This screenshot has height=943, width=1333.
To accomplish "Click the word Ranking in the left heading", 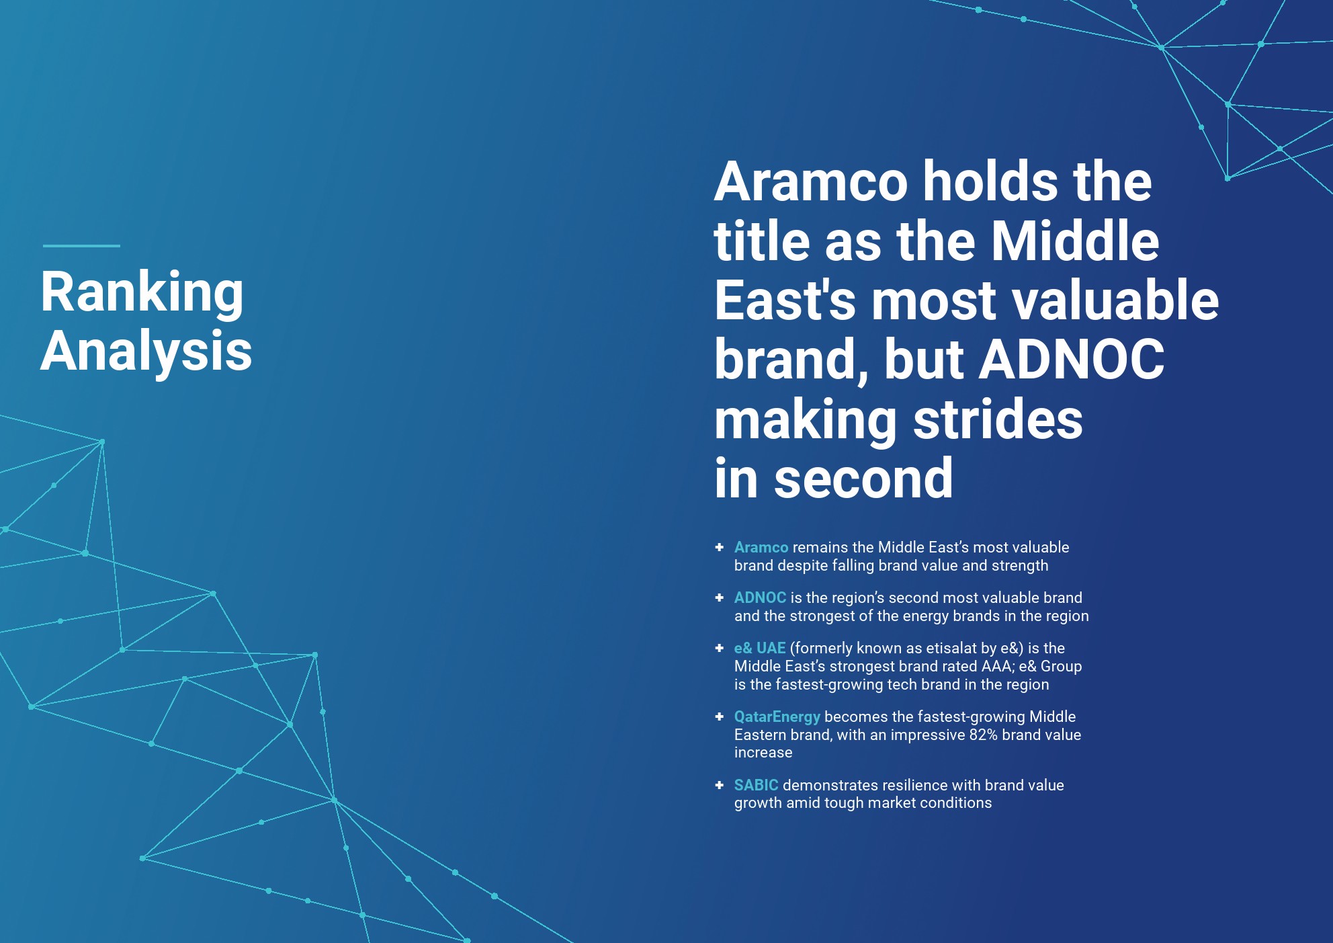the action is click(142, 293).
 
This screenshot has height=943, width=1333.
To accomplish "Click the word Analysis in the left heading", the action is click(146, 351).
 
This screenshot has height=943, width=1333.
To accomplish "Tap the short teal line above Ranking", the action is click(81, 246).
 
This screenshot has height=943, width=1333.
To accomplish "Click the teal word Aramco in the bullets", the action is click(761, 548).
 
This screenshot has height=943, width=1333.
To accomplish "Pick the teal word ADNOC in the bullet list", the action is click(760, 598).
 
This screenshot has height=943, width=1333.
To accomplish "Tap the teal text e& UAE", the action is click(760, 649).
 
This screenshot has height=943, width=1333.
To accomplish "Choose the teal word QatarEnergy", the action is click(777, 717).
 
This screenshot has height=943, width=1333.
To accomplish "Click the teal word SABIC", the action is click(757, 785).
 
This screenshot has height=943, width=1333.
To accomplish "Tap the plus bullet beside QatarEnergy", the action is click(720, 716).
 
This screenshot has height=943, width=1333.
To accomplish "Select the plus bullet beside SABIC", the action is click(720, 784).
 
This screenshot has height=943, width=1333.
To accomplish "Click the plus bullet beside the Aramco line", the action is click(720, 547).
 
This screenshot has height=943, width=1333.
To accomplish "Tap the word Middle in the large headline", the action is click(1075, 241).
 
